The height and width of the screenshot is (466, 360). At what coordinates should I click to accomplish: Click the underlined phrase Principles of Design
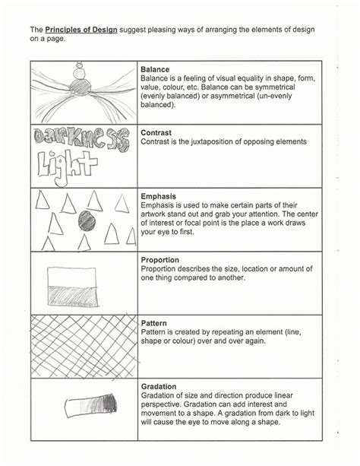[x=81, y=30]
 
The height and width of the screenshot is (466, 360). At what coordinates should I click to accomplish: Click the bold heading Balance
[x=156, y=69]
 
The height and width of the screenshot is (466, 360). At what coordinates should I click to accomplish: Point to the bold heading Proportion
[x=160, y=260]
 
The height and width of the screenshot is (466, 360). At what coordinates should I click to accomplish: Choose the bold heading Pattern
[x=155, y=323]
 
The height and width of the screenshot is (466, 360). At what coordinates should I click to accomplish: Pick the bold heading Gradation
[x=159, y=386]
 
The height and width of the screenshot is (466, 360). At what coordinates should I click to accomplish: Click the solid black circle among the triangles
[x=86, y=221]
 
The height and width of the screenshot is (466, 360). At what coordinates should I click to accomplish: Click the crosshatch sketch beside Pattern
[x=84, y=347]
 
